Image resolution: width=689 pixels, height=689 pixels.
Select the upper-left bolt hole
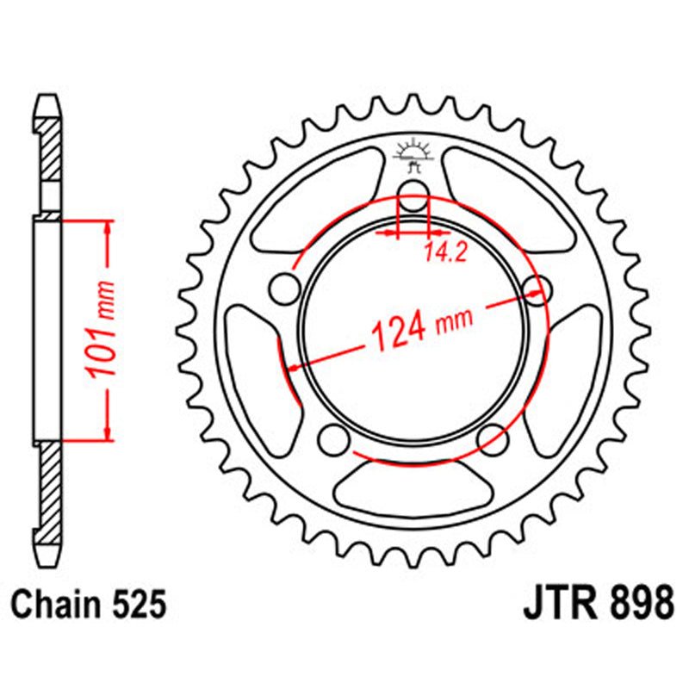point(282,287)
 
